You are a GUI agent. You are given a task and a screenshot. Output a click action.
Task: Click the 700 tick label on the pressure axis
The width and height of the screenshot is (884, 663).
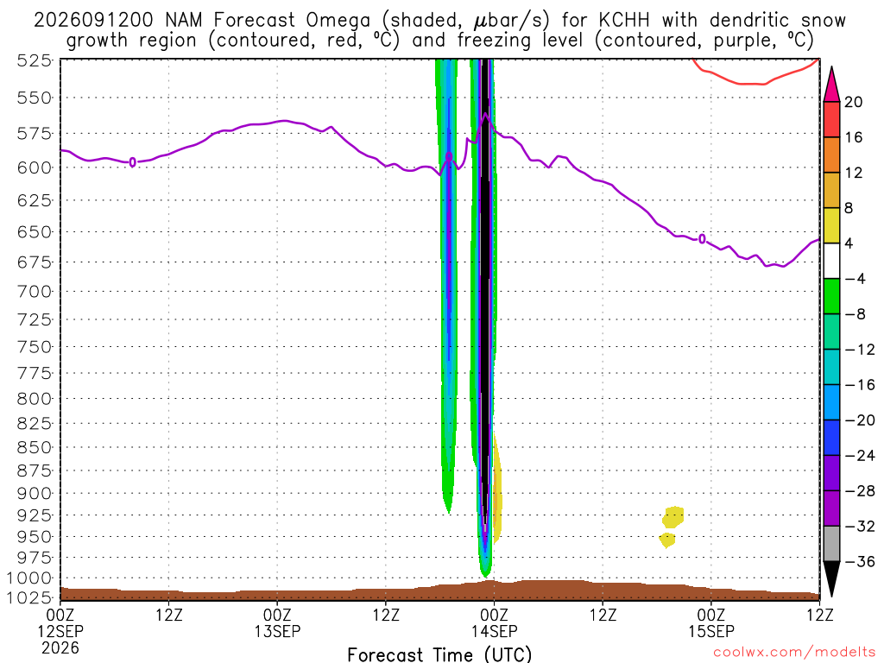34,292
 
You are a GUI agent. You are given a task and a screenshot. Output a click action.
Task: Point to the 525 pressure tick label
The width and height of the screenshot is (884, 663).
34,60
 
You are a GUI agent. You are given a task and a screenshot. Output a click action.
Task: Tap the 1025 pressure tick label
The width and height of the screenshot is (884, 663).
29,597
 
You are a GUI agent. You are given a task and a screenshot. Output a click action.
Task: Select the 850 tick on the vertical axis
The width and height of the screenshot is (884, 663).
34,448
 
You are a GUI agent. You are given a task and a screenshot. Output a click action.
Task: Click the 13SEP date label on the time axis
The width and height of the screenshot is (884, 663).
277,631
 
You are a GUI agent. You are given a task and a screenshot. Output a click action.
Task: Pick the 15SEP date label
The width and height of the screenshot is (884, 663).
711,631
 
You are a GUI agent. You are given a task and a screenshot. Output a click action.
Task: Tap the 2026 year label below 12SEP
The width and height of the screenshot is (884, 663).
60,647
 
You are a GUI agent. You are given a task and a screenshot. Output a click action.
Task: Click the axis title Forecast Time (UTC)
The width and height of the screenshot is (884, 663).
439,654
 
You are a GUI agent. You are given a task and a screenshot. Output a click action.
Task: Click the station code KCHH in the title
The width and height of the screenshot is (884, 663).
623,21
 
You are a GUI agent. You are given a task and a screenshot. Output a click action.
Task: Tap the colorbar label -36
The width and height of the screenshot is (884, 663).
860,561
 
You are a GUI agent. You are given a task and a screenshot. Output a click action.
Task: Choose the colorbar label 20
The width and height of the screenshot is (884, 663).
854,102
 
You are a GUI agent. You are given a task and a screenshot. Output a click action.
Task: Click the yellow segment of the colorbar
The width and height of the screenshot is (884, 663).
831,225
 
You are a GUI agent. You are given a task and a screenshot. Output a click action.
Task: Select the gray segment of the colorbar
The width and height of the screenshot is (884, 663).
831,544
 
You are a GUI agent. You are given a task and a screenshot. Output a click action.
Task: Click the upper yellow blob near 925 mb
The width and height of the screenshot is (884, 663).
673,516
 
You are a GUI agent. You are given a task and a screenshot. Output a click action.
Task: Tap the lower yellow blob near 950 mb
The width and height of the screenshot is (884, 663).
667,540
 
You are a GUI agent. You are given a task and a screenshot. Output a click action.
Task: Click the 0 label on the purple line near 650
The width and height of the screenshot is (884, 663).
702,239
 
